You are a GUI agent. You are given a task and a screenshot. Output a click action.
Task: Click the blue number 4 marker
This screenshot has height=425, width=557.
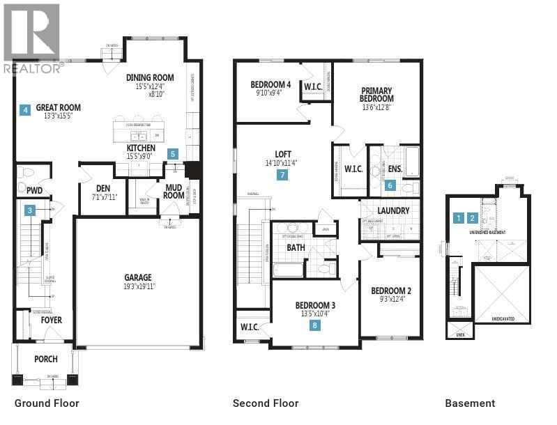point(25,109)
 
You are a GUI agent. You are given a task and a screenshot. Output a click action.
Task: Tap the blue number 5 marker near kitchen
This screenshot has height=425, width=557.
point(173,154)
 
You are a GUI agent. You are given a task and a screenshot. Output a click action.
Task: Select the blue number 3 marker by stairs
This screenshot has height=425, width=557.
point(30,210)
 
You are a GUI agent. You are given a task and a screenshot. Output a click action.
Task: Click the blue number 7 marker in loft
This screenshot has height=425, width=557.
point(282,175)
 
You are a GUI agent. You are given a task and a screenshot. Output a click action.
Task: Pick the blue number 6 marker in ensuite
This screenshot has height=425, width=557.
point(390,185)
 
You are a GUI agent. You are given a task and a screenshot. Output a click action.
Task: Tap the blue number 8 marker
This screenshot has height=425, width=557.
point(315,325)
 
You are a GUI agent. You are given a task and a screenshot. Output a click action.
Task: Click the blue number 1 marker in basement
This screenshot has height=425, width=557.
point(458,218)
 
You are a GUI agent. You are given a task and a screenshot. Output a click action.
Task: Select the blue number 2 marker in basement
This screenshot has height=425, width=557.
point(473,218)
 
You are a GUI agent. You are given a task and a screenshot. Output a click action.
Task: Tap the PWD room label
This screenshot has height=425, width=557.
point(35,190)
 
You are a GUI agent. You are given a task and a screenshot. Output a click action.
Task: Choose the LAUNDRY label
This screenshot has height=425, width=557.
point(393,210)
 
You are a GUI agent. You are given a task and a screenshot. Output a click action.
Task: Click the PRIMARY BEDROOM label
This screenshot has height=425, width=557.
point(376,95)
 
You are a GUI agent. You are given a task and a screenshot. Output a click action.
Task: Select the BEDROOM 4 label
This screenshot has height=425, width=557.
point(270,86)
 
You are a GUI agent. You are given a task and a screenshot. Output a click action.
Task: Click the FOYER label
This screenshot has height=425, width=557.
point(51,320)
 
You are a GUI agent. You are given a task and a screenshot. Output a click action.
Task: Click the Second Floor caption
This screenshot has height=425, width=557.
point(266,403)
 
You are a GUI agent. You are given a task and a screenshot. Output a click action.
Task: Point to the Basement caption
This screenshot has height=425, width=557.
point(471,403)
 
